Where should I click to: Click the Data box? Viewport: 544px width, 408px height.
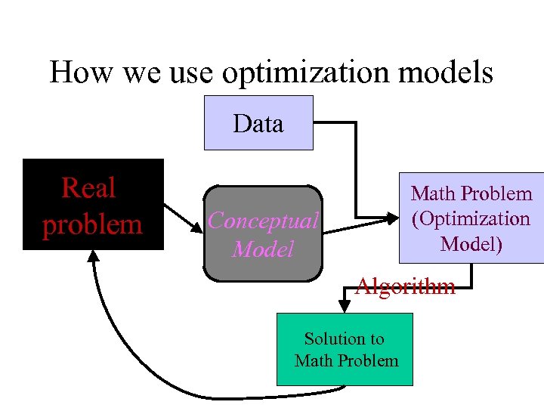[258, 123]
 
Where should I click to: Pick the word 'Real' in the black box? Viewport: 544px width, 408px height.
[88, 187]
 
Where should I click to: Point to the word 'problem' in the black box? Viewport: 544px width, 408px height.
[92, 224]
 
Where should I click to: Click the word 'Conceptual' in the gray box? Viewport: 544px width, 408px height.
[263, 221]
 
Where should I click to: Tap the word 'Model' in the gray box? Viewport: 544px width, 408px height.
[263, 249]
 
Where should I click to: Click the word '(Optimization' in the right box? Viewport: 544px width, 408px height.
[470, 219]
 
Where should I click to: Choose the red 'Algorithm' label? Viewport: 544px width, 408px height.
[405, 286]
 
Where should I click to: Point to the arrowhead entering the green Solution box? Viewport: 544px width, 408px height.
[345, 308]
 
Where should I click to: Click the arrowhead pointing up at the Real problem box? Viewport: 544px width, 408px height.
[93, 257]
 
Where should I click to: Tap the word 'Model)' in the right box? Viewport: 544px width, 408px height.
[471, 244]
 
